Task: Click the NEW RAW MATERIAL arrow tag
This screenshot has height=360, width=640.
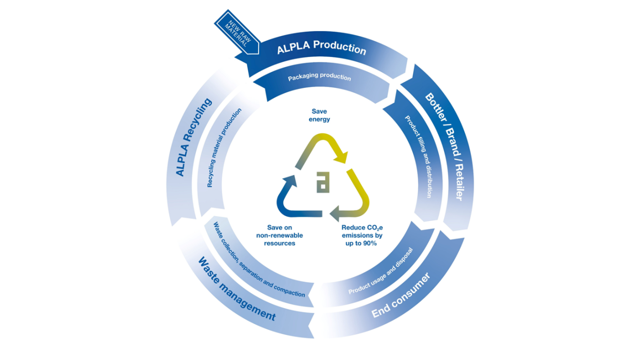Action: point(237,33)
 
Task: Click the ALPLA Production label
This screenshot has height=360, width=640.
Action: point(322,47)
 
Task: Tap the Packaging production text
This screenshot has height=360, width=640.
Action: point(319,77)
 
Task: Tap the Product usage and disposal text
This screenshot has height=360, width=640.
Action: point(381,271)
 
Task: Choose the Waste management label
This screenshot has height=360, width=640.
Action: point(237,289)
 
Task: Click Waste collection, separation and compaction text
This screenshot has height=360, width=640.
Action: point(259,260)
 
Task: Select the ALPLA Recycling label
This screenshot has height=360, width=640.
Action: point(194,137)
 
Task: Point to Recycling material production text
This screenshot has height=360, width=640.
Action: point(224,148)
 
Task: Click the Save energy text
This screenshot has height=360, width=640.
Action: point(319,115)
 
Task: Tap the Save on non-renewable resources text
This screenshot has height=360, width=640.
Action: point(280,235)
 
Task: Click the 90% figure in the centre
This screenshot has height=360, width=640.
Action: point(369,243)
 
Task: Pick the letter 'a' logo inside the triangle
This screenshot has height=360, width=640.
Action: point(323,182)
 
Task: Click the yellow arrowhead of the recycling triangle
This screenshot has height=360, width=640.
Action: point(340,156)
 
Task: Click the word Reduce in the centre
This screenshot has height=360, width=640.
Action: point(353,228)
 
